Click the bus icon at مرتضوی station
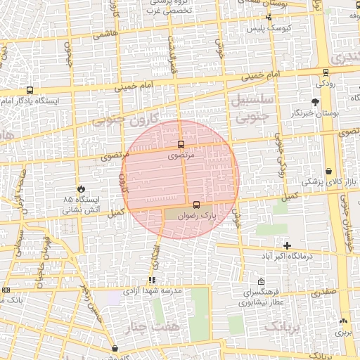pyautogui.click(x=181, y=144)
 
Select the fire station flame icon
pyautogui.click(x=81, y=189)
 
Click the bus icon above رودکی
pyautogui.click(x=325, y=72)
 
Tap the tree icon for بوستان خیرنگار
pyautogui.click(x=314, y=103)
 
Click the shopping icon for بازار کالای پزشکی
pyautogui.click(x=329, y=172)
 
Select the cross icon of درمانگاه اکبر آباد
pyautogui.click(x=287, y=245)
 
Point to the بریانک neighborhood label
pyautogui.click(x=285, y=327)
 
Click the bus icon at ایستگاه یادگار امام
pyautogui.click(x=30, y=90)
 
